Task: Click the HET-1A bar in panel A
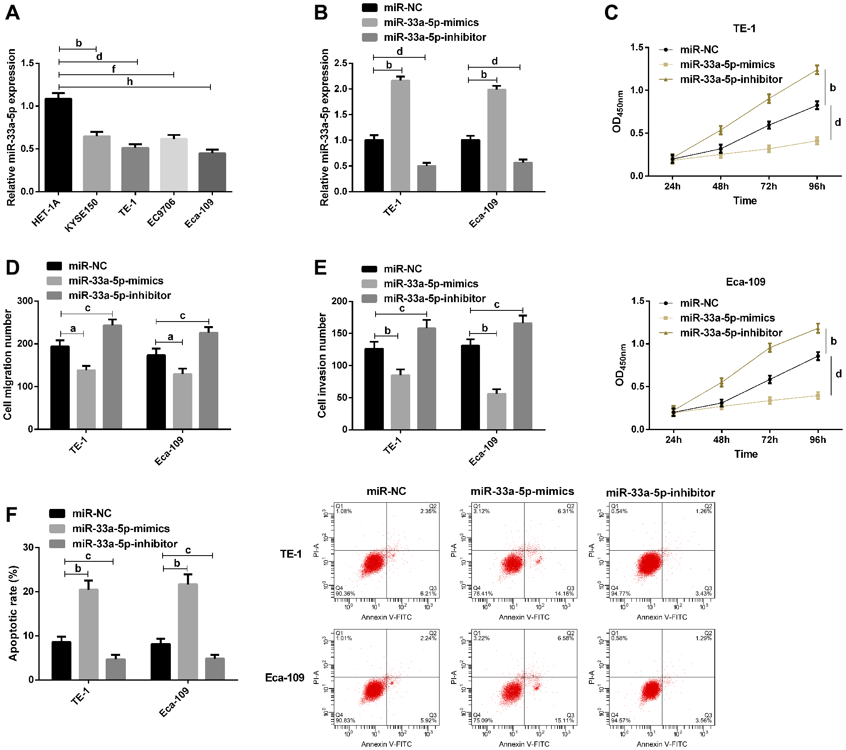(x=58, y=145)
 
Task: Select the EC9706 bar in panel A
(x=174, y=165)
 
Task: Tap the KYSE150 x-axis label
(x=82, y=215)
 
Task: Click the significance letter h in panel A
(x=130, y=82)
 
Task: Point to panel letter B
(x=321, y=13)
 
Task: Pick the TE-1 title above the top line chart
(x=744, y=28)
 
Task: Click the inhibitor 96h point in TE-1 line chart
(x=817, y=69)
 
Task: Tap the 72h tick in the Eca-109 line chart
(x=769, y=440)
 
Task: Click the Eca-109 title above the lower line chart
(x=745, y=282)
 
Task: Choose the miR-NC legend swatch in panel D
(x=54, y=266)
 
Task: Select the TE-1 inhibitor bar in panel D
(x=112, y=377)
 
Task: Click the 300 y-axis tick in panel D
(x=25, y=301)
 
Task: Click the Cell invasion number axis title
(x=322, y=365)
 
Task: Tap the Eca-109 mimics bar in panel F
(x=188, y=631)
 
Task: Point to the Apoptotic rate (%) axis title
(x=13, y=613)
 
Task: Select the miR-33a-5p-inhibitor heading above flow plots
(x=660, y=492)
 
